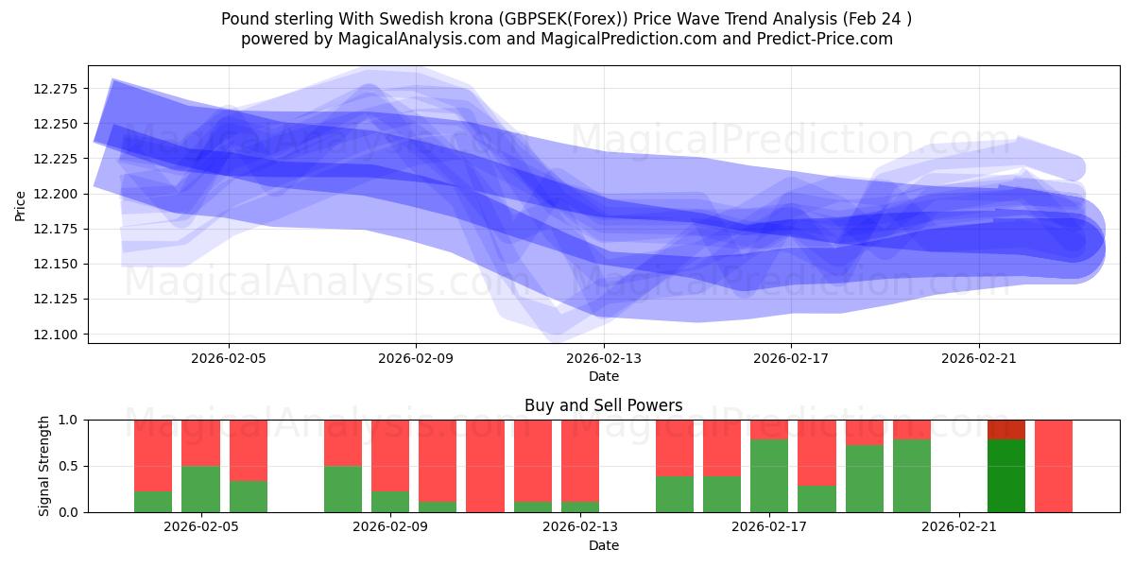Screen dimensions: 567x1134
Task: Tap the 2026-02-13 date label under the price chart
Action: point(604,358)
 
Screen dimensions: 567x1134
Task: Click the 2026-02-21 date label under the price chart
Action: point(978,358)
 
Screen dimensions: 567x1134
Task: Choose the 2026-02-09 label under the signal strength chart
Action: point(390,527)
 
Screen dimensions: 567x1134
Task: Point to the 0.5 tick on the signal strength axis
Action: point(71,466)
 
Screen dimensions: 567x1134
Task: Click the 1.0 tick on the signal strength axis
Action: point(71,420)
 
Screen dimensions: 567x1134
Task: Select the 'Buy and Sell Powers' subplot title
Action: point(603,405)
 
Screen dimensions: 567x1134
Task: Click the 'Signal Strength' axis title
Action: point(44,466)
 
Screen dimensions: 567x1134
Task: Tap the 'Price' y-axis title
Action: point(21,205)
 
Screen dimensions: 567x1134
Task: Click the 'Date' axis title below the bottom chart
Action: point(603,545)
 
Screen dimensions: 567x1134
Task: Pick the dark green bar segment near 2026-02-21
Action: point(1006,475)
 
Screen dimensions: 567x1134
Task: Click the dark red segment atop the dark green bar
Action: point(1006,430)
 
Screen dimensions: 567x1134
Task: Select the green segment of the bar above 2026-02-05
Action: point(200,489)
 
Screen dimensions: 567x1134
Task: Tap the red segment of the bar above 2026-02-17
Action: point(769,429)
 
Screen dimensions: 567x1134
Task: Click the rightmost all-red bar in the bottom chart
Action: point(1054,466)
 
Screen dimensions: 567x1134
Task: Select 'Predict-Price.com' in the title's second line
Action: point(822,39)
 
